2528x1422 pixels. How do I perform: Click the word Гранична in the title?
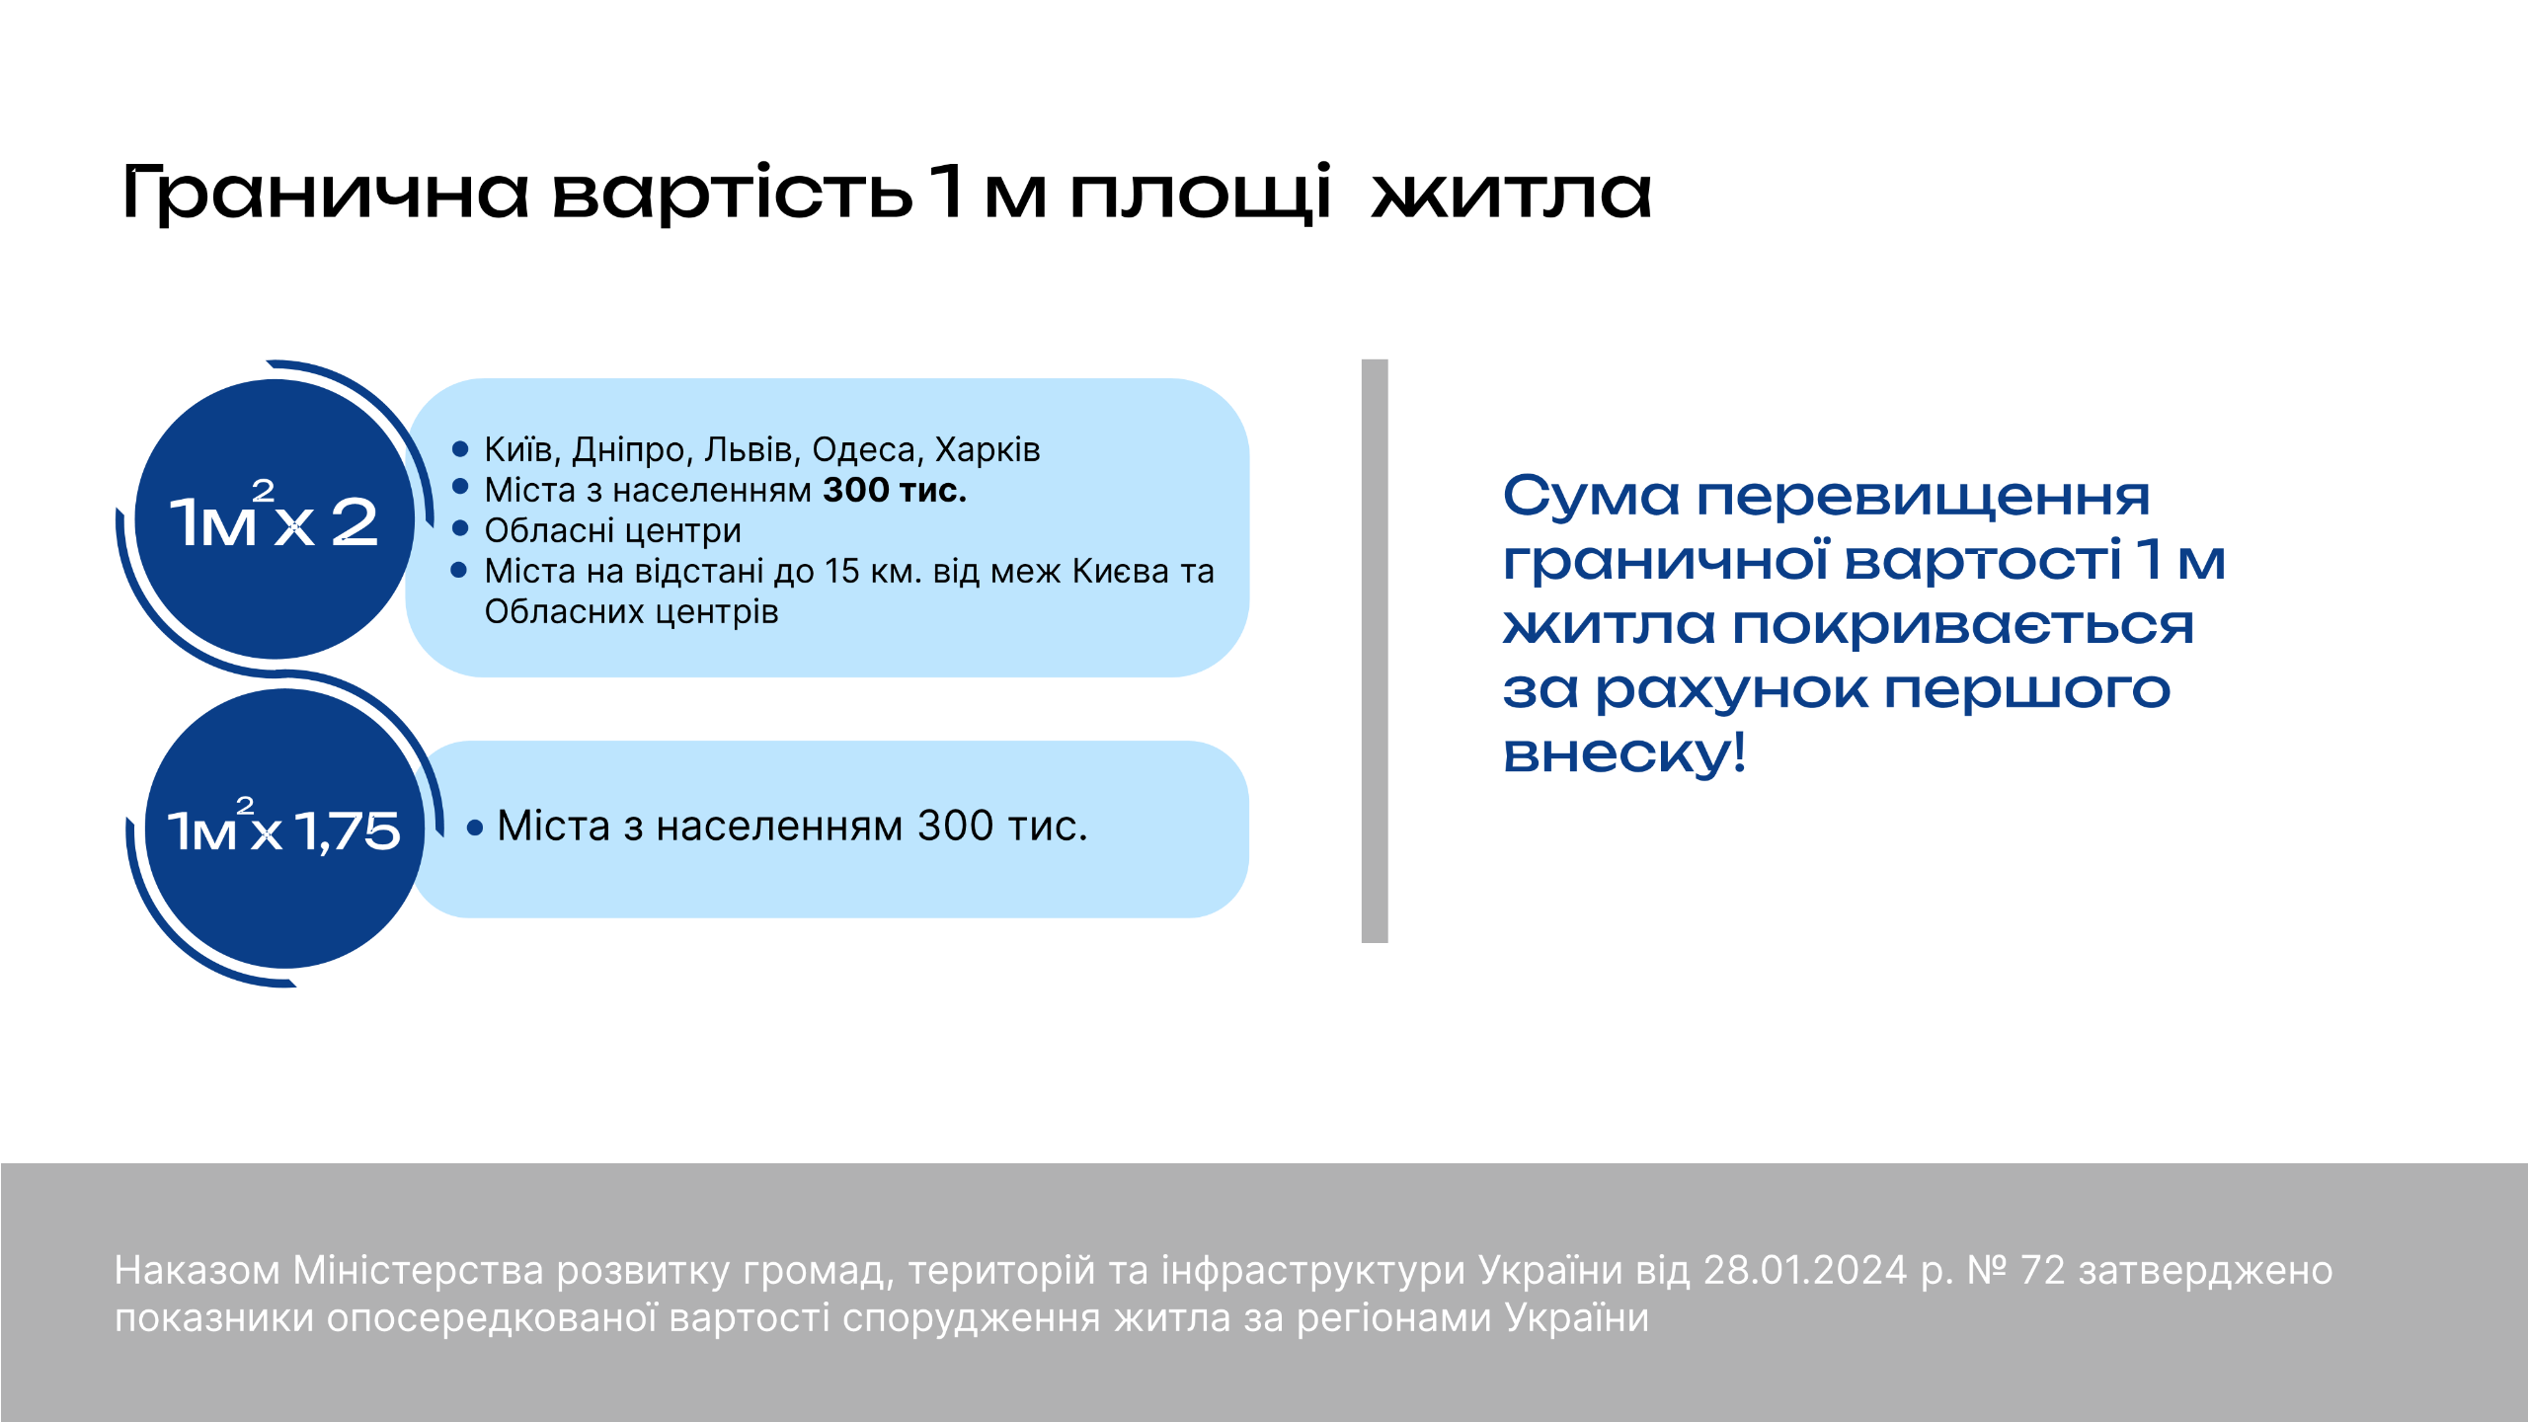click(x=326, y=193)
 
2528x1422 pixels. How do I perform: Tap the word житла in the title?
click(x=1512, y=192)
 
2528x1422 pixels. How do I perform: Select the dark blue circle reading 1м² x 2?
click(x=275, y=518)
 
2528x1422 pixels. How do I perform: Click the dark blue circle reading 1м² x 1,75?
click(x=284, y=828)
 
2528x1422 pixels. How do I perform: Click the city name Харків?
click(x=987, y=449)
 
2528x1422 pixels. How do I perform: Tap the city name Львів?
click(x=750, y=449)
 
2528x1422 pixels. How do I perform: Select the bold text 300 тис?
click(x=895, y=490)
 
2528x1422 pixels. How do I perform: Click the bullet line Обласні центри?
click(x=612, y=530)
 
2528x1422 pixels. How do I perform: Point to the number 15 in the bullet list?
click(x=842, y=571)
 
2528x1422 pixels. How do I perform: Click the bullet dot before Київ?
click(x=459, y=449)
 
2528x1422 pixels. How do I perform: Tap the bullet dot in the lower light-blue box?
click(x=475, y=828)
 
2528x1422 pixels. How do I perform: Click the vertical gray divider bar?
click(x=1375, y=651)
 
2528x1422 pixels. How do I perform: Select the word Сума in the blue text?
click(x=1591, y=496)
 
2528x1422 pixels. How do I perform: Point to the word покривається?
click(x=1963, y=625)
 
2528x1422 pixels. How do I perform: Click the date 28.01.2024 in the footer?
click(x=1805, y=1270)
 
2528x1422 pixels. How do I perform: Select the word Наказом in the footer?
click(x=197, y=1270)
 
